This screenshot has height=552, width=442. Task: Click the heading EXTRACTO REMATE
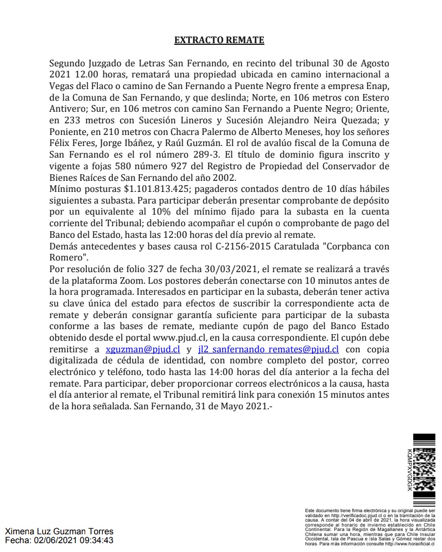(219, 40)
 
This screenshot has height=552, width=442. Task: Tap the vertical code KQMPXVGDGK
(409, 470)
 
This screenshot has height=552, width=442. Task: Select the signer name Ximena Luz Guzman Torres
(59, 532)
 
